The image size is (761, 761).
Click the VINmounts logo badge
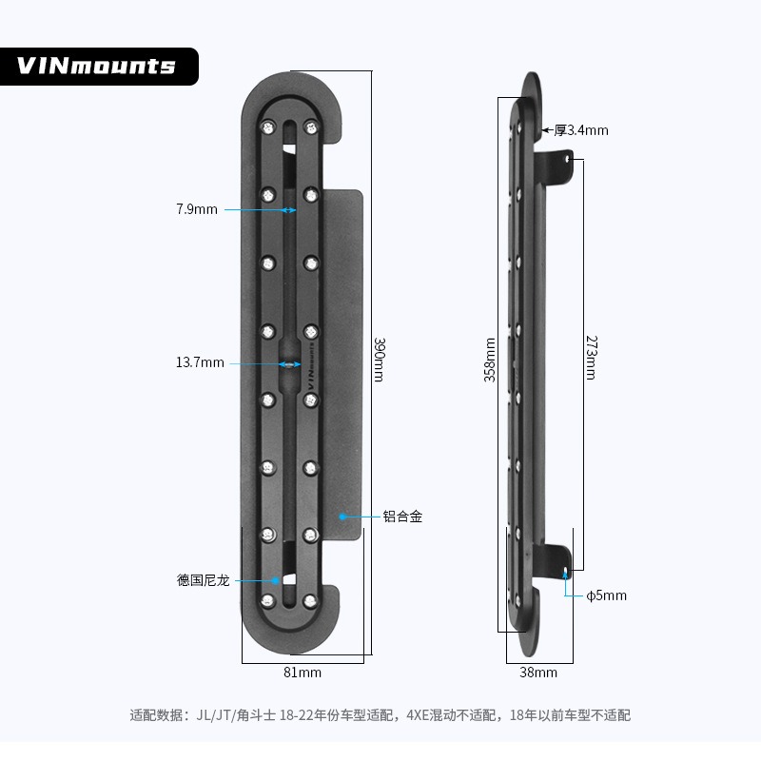pos(97,66)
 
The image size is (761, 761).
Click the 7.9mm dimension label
pos(197,208)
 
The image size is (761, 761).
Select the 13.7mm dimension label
pos(200,362)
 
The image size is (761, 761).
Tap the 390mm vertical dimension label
pos(378,360)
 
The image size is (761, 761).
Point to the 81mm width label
pos(302,673)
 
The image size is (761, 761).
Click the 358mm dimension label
pos(490,360)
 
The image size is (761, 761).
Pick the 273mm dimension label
pos(590,358)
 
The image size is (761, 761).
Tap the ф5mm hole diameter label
pos(606,595)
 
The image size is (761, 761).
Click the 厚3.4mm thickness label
pos(580,130)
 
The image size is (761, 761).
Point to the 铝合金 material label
pos(402,517)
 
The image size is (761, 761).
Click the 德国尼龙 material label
pos(203,579)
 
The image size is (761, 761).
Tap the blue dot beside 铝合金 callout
pos(342,517)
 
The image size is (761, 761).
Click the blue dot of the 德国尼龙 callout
pos(277,579)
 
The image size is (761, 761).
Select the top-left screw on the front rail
pos(267,126)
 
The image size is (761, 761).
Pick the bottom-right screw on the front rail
pos(310,600)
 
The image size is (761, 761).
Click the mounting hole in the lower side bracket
pos(567,573)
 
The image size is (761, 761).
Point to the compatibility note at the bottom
pos(380,714)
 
